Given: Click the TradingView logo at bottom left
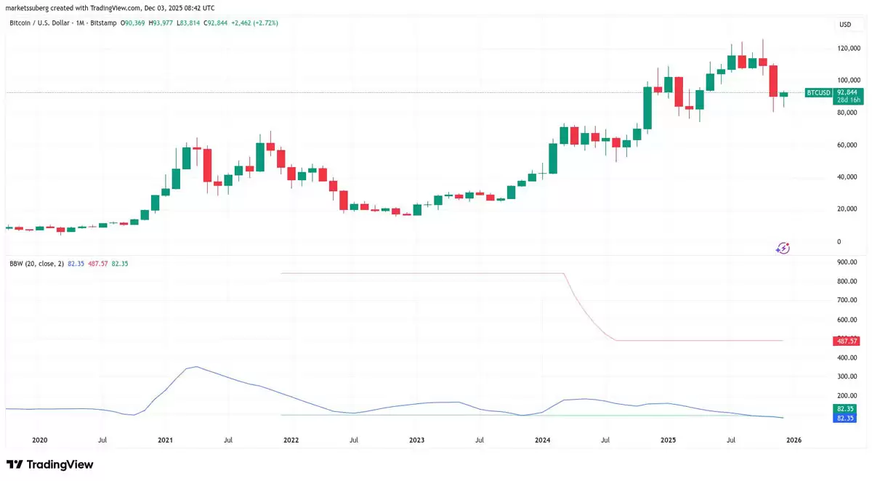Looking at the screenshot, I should (49, 464).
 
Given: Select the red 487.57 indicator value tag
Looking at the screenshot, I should (846, 341).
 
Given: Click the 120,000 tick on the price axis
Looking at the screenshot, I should (849, 48).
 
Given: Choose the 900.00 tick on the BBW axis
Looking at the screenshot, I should (847, 262).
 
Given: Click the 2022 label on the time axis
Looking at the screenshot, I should (291, 440).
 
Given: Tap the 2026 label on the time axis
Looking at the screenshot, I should (794, 440).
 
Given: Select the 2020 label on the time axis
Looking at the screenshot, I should (39, 440).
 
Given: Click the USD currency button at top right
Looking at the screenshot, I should (845, 25).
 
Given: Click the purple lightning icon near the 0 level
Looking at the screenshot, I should (783, 248).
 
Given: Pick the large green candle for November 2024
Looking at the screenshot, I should (647, 108).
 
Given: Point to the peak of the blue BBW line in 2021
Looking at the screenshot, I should (195, 367).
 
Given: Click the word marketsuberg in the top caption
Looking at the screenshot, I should (26, 7).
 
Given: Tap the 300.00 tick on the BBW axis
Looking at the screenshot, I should (847, 376).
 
